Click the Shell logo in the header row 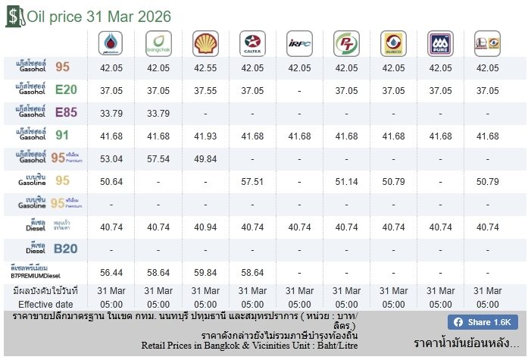pyautogui.click(x=205, y=43)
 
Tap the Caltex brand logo pyautogui.click(x=252, y=43)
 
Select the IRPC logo pyautogui.click(x=300, y=43)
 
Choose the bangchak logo pyautogui.click(x=158, y=43)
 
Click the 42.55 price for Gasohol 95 pyautogui.click(x=205, y=68)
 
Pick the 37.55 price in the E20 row pyautogui.click(x=205, y=91)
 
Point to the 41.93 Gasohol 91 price pyautogui.click(x=205, y=136)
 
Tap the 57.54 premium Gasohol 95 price pyautogui.click(x=158, y=159)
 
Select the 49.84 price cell pyautogui.click(x=205, y=159)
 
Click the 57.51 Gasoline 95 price pyautogui.click(x=252, y=182)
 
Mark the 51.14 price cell pyautogui.click(x=346, y=182)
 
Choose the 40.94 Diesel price pyautogui.click(x=205, y=227)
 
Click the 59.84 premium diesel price pyautogui.click(x=205, y=273)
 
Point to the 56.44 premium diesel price pyautogui.click(x=111, y=273)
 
